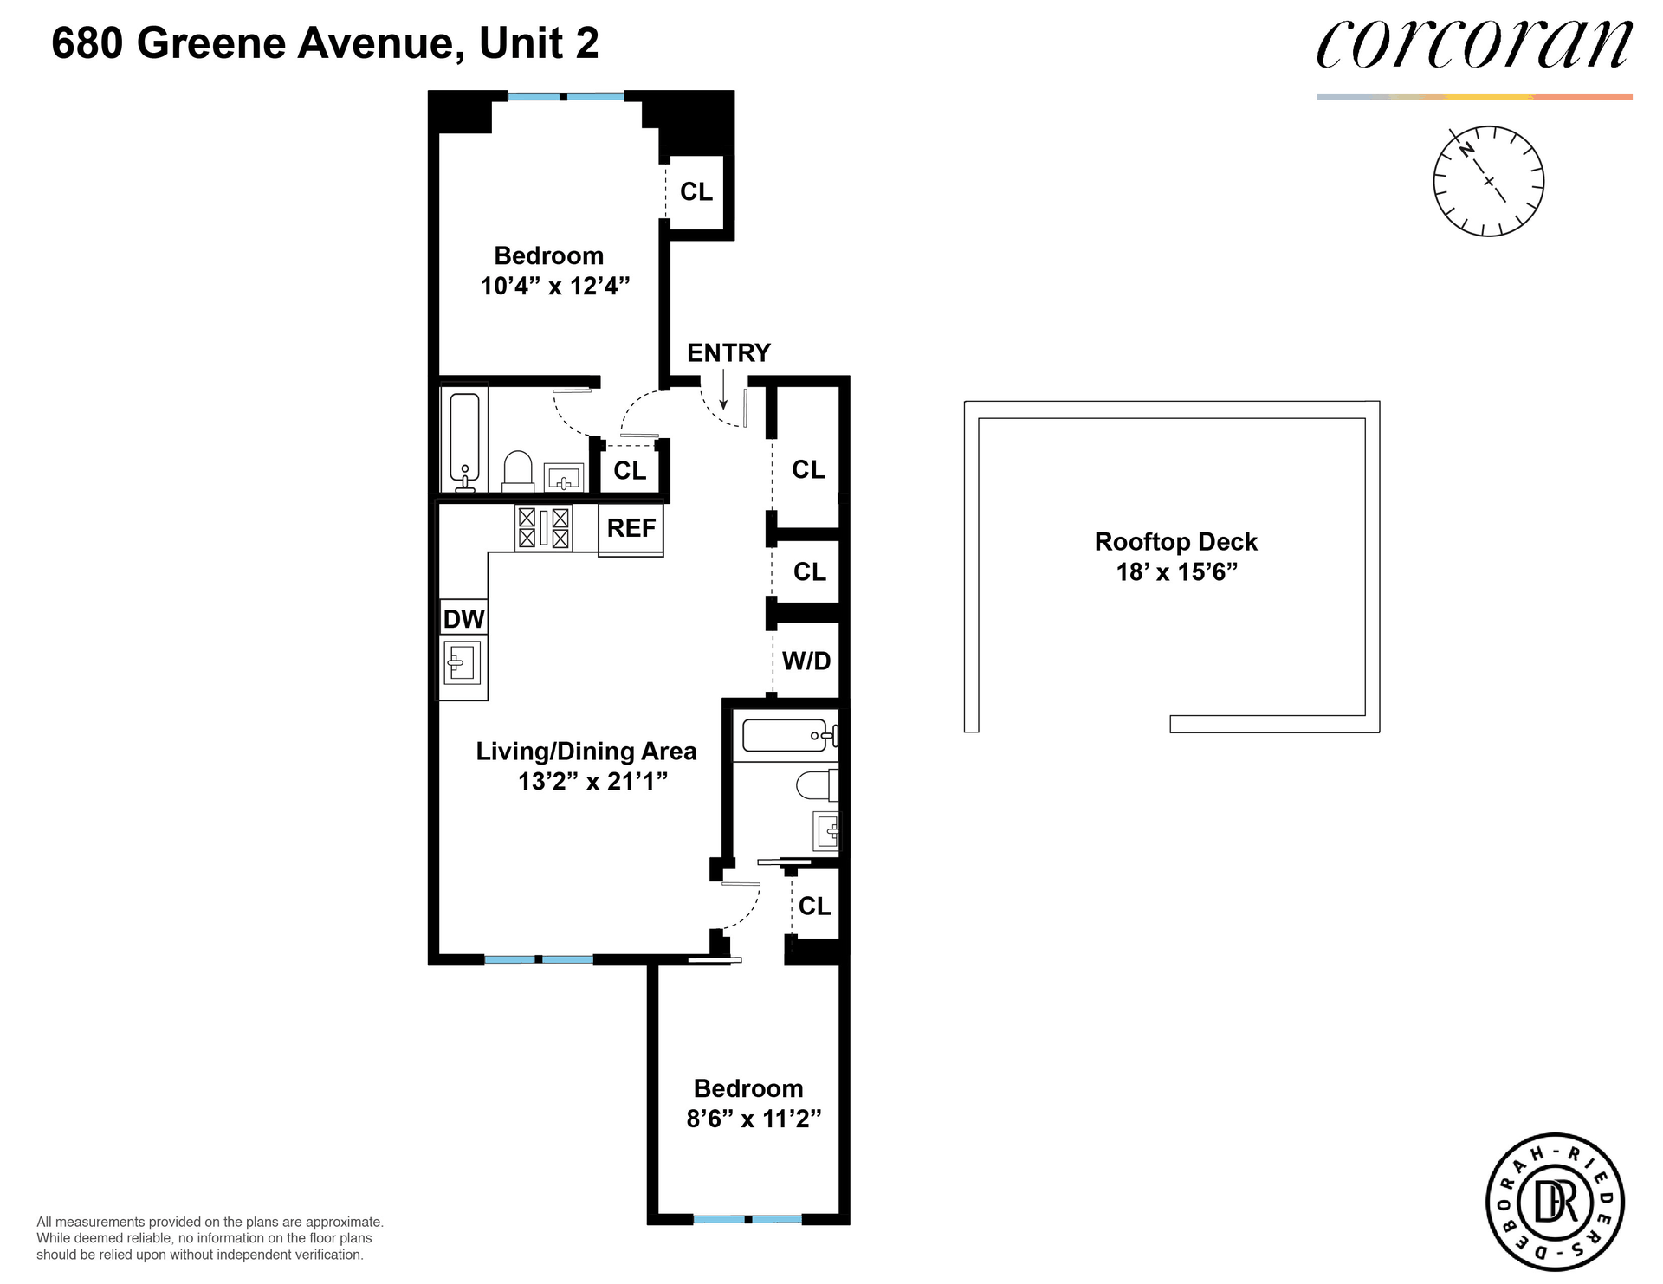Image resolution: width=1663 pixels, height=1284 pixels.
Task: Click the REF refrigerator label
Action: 631,528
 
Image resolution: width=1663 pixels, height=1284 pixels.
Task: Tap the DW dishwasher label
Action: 463,619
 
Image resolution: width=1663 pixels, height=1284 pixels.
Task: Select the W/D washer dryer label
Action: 806,661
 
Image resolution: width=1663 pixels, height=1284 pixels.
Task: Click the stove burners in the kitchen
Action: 544,528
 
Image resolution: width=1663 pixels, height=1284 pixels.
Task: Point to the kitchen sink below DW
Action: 462,664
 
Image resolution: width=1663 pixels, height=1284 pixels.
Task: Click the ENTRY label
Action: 728,353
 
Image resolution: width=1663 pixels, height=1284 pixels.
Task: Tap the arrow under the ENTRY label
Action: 724,390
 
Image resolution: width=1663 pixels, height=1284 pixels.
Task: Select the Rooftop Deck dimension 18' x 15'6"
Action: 1176,572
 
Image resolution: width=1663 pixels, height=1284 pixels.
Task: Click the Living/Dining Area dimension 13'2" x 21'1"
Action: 592,782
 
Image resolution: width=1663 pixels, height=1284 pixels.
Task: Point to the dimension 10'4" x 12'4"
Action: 554,286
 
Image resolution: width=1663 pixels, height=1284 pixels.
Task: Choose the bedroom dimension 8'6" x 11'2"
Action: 753,1119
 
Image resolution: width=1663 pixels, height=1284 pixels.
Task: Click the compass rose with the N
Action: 1488,181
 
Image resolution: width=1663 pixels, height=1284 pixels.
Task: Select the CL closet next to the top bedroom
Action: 696,191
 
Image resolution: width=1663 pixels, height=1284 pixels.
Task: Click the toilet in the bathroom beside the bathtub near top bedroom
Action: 518,471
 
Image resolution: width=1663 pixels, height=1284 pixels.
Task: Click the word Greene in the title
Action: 210,43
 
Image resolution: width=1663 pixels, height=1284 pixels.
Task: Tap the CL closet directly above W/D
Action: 809,571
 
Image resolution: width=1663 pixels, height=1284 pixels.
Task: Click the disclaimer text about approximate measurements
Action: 210,1238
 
